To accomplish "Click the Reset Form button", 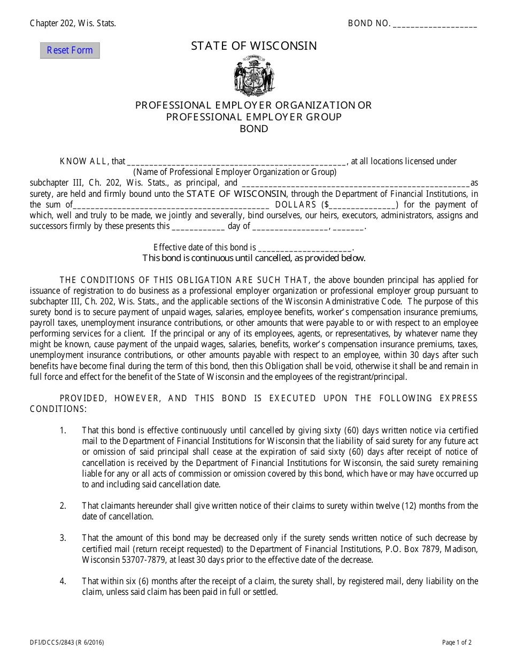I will pos(70,50).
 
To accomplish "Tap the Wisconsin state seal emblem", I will pos(254,75).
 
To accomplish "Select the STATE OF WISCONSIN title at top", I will pos(254,46).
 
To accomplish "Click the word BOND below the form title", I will pos(254,129).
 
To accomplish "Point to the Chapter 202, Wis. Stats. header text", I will pos(73,23).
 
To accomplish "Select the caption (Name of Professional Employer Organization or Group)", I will pos(235,172).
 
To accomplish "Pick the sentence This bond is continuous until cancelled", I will pos(254,258).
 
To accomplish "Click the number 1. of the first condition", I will pos(63,431).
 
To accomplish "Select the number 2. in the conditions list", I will pos(63,506).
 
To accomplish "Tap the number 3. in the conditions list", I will pos(63,538).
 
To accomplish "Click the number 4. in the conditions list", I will pos(63,582).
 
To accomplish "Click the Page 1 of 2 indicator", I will pos(457,643).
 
